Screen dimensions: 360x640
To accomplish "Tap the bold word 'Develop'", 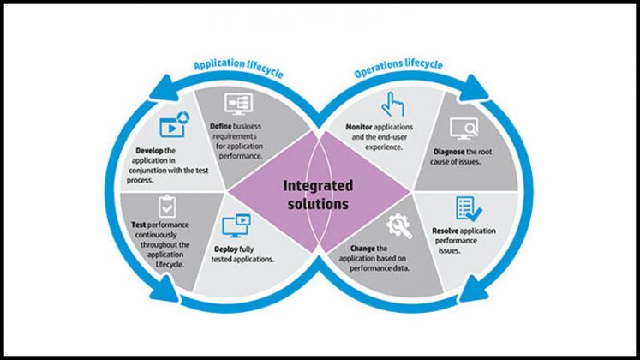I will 148,149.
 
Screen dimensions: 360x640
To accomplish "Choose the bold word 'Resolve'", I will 451,231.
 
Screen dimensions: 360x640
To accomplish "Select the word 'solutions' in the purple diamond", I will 319,204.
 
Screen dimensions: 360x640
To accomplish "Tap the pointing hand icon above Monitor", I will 392,104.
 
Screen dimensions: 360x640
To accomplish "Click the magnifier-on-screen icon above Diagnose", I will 464,128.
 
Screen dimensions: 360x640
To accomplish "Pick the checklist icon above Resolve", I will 468,208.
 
